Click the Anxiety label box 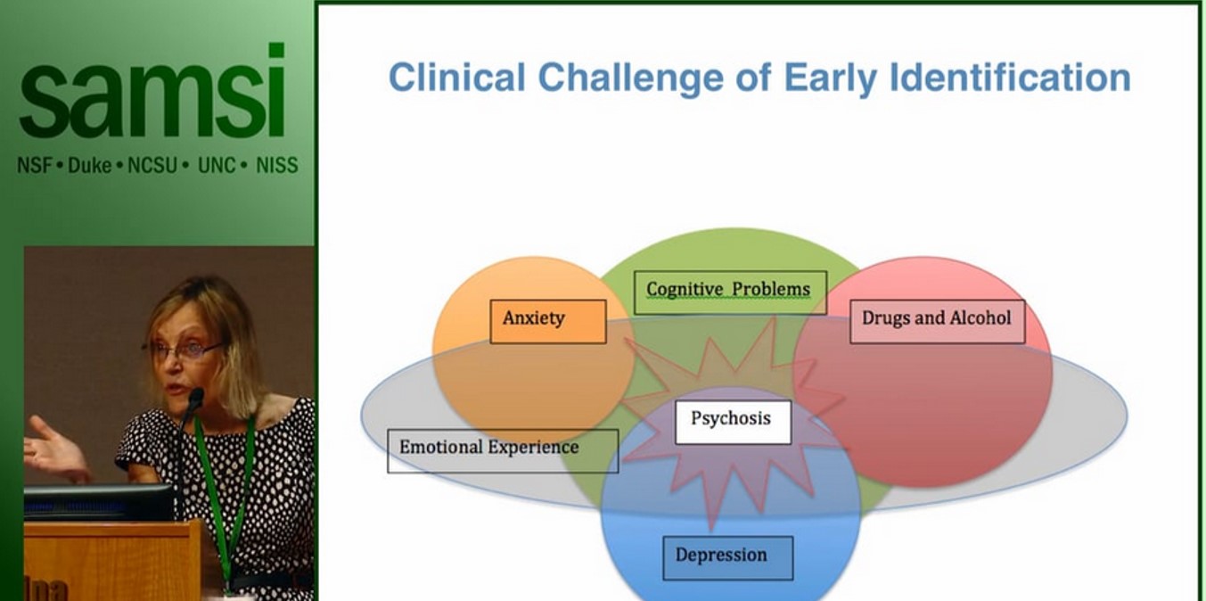(x=547, y=321)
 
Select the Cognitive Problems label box (x=729, y=292)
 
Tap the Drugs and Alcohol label (x=937, y=321)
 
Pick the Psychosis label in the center (x=732, y=422)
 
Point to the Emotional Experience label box (x=502, y=450)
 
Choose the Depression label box (x=727, y=557)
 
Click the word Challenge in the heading (x=647, y=78)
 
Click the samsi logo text (x=152, y=94)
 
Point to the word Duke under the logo (x=89, y=165)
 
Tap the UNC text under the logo (x=217, y=165)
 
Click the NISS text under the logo (x=276, y=165)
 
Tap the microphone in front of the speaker (x=193, y=400)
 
